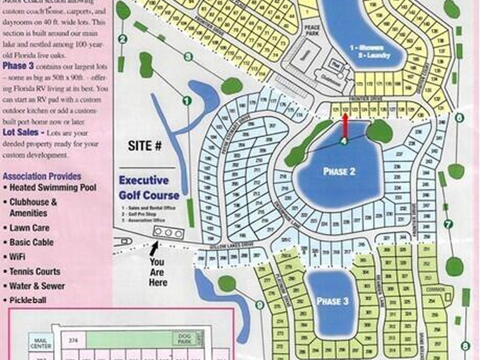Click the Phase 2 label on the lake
339,172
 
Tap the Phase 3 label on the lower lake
332,301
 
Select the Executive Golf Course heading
149,187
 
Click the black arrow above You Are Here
154,247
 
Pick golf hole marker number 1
187,100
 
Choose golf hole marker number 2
123,39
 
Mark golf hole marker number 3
188,57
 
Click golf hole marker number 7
448,225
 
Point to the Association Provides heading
42,176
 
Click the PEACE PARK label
312,30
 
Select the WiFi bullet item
17,257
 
